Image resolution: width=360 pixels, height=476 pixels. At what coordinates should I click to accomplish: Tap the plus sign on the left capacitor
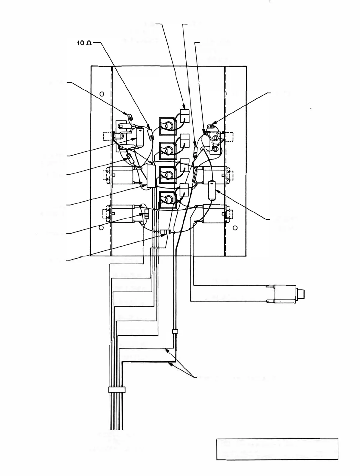coord(140,130)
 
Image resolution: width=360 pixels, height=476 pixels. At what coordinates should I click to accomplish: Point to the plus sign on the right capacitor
coord(212,183)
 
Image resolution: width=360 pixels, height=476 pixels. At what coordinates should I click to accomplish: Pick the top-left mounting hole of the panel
coord(102,94)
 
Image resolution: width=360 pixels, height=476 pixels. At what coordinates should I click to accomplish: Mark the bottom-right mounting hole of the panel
coord(235,228)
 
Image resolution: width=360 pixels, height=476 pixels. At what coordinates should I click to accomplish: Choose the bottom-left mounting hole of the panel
coord(101,228)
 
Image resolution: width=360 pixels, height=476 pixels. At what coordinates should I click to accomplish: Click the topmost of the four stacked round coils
coord(167,125)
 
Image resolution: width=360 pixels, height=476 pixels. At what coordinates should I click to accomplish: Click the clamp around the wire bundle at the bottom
coord(116,390)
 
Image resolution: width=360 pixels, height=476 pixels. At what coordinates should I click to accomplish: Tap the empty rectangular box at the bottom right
coord(277,449)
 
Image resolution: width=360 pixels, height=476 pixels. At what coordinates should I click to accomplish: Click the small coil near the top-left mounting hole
coord(130,116)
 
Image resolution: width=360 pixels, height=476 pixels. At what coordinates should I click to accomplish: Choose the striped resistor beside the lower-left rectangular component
coord(146,214)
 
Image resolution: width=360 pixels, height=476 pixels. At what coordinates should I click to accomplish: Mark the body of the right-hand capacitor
coord(212,190)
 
